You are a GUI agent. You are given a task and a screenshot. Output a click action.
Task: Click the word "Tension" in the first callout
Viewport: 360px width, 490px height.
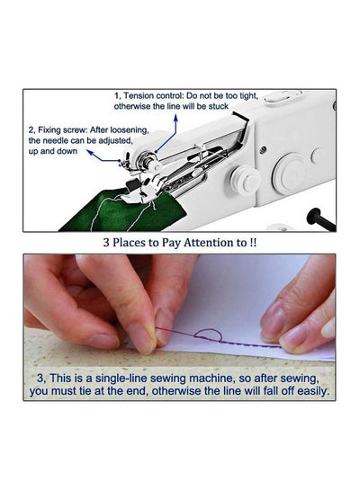(x=139, y=95)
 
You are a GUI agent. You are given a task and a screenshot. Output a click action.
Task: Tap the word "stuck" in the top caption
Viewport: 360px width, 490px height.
(x=219, y=106)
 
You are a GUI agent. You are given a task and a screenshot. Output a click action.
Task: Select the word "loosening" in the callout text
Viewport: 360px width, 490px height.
(x=129, y=129)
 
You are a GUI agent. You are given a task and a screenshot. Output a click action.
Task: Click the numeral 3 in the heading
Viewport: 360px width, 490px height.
(x=106, y=243)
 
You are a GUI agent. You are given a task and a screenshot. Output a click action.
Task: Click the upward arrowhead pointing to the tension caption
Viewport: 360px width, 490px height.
(x=175, y=118)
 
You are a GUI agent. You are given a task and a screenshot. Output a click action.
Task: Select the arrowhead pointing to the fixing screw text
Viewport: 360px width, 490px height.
(x=90, y=152)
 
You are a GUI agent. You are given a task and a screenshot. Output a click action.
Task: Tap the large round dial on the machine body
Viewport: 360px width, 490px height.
(x=289, y=173)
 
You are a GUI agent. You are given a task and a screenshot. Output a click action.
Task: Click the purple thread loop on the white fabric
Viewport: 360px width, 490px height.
(x=208, y=335)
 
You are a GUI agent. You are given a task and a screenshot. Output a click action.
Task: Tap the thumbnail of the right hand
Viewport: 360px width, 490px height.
(x=329, y=328)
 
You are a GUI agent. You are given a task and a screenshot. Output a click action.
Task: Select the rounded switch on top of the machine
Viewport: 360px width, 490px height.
(x=278, y=97)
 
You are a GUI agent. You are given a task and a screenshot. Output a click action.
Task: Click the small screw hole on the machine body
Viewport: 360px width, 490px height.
(x=263, y=149)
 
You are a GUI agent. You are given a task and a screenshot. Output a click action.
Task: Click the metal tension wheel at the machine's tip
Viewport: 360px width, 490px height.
(x=147, y=159)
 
